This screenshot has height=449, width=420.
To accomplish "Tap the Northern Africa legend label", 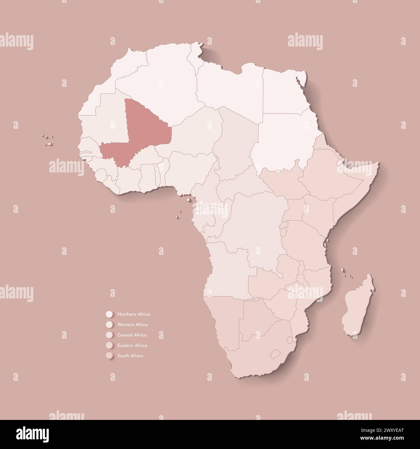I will coord(134,314).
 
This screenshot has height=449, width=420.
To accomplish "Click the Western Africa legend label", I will coord(133,324).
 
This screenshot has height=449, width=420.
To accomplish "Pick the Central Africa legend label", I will coord(132,335).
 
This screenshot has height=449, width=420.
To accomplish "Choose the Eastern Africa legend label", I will coord(132,345).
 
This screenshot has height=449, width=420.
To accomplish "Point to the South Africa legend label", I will coord(130,356).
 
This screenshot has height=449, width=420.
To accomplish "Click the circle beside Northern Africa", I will coord(109,314).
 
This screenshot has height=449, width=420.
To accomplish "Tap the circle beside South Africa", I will coord(109,356).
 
